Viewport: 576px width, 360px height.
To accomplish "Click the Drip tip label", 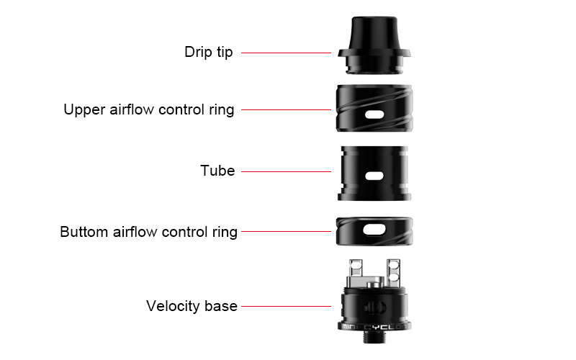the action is point(208,52).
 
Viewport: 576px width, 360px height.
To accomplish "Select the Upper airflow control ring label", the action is point(149,110).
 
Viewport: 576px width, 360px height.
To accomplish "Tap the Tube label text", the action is point(217,171).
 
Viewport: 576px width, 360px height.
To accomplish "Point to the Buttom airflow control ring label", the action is point(148,232).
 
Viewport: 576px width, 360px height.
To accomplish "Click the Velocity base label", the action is point(192,306).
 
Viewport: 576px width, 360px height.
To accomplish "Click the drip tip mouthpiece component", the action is point(374,45).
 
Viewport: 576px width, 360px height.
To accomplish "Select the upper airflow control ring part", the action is point(374,108).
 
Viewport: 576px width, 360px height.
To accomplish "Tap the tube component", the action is point(374,173).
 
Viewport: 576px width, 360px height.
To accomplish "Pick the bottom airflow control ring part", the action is point(374,231).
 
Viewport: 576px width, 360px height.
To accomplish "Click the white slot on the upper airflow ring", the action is point(374,114).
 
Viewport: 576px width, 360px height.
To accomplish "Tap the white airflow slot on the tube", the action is point(374,176).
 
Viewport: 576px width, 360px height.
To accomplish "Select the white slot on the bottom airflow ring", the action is point(374,230).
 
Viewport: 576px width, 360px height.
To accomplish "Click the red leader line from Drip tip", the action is point(286,53).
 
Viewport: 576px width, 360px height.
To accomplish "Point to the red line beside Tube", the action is point(286,171).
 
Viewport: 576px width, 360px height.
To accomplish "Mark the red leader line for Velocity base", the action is point(286,306).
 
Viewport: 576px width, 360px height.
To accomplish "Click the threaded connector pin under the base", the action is point(374,336).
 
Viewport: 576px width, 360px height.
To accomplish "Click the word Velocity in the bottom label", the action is point(173,306).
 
